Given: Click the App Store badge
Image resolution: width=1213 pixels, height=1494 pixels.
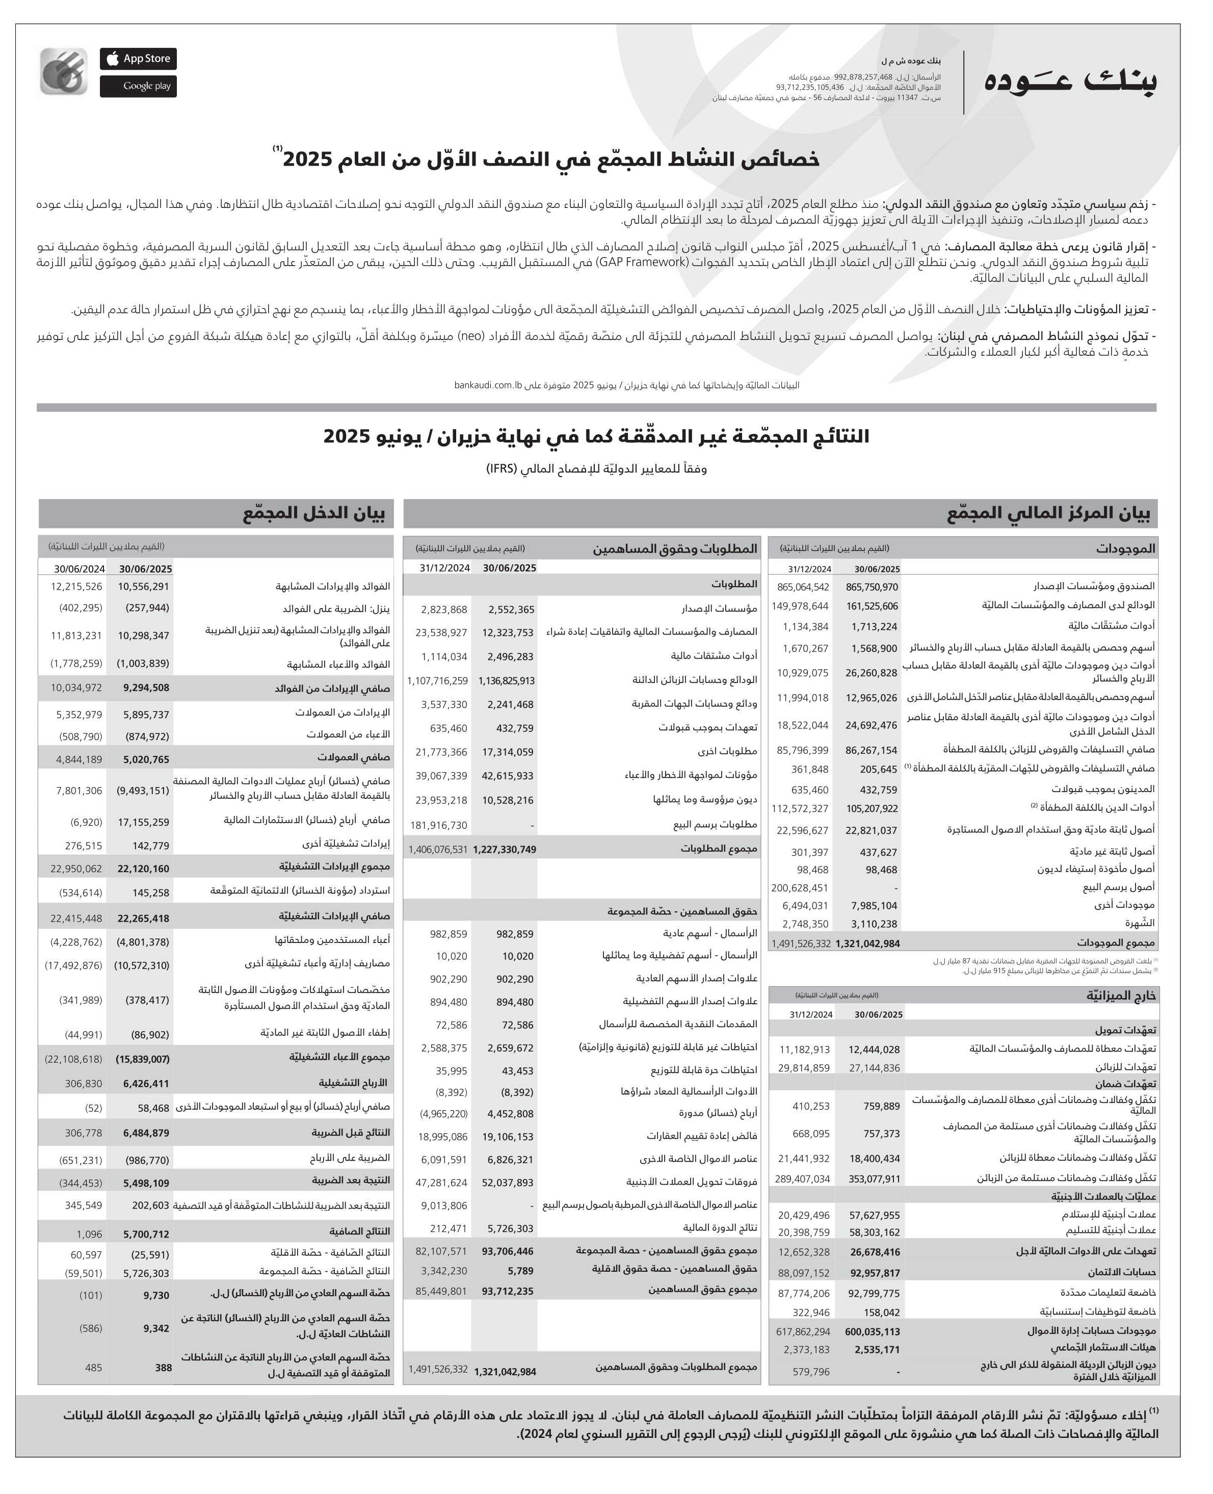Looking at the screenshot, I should tap(138, 59).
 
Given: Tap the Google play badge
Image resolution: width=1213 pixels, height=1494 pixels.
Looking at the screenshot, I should tap(138, 86).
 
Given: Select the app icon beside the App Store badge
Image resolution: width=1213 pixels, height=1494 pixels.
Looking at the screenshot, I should tap(64, 71).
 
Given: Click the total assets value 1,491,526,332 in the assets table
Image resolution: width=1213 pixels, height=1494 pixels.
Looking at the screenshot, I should tap(801, 943).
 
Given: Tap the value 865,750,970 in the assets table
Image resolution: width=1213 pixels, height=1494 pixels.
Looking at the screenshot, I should tap(872, 588).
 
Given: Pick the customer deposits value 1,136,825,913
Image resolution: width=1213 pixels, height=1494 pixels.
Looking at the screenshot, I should tap(506, 680).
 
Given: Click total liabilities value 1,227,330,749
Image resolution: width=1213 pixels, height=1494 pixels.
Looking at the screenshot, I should tap(505, 850).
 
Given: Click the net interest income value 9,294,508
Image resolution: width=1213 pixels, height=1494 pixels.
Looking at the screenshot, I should tap(146, 688).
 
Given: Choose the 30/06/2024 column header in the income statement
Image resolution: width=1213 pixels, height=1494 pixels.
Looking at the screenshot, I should tap(79, 569).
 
